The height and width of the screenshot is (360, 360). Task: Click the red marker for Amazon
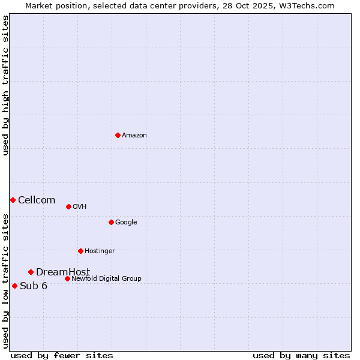coord(118,135)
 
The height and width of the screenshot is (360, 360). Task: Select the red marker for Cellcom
coord(13,200)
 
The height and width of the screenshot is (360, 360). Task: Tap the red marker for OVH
coord(68,206)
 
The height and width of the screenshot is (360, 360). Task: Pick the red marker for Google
coord(111,222)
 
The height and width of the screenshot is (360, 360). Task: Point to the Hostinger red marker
coord(80,251)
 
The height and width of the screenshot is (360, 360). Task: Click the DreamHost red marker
coord(31,272)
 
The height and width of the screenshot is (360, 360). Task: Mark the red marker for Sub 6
coord(14,286)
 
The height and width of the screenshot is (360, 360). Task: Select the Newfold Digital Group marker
coord(67,278)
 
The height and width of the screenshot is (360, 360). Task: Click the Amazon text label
coord(134,136)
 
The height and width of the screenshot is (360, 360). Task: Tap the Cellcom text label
coord(37,200)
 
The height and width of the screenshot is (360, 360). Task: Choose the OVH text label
coord(80,207)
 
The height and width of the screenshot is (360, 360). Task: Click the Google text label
coord(126,223)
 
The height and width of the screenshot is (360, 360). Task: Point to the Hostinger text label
coord(100,251)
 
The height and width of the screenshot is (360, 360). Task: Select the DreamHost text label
coord(63,272)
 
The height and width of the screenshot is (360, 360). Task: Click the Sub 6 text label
coord(34,286)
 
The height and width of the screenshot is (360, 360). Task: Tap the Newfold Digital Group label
coord(106,279)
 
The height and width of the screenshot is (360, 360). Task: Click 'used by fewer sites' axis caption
coord(62,356)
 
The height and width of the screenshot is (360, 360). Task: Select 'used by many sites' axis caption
coord(301,356)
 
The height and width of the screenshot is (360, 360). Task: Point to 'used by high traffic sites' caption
coord(5,85)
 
